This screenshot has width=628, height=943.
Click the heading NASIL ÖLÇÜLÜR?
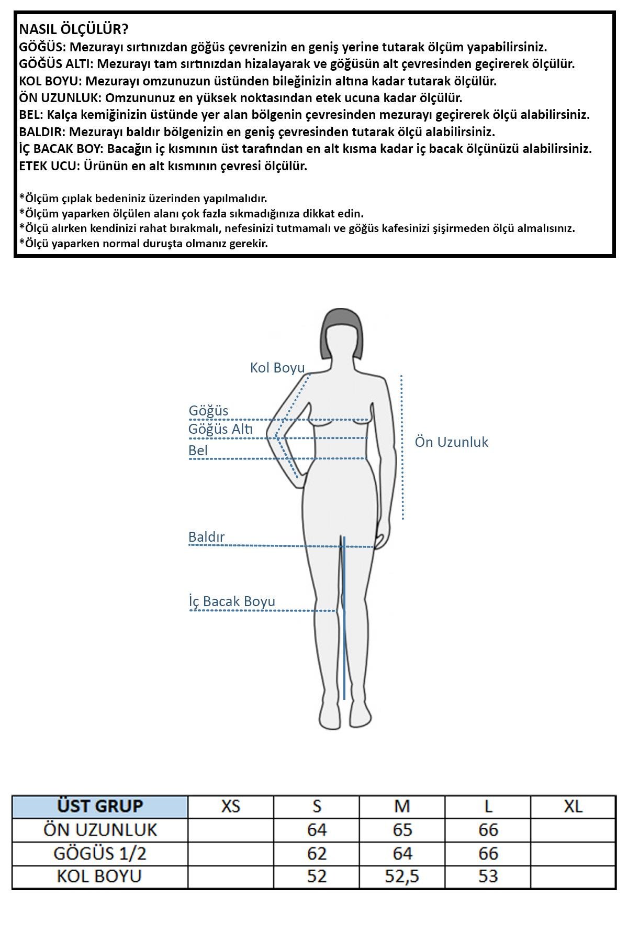[73, 29]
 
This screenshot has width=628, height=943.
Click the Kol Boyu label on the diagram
[277, 368]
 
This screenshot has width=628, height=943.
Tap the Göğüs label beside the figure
[208, 411]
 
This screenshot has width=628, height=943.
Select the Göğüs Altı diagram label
[220, 430]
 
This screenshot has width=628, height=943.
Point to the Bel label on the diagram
[198, 451]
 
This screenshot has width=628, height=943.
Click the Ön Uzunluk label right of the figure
[451, 442]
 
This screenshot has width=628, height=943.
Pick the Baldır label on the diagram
[206, 537]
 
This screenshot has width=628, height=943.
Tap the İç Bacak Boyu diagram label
[232, 601]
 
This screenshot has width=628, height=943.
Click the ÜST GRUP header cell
[100, 806]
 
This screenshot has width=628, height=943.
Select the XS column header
[231, 806]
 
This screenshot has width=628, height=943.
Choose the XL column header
[573, 806]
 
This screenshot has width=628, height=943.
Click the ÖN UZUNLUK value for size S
[317, 830]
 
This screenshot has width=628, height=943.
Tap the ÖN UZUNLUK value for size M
[402, 830]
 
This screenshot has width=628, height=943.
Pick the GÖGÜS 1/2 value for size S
[317, 853]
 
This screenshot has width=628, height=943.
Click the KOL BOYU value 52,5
[402, 876]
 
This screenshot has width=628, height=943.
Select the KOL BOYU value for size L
[488, 876]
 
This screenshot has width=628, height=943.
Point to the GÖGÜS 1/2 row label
[100, 853]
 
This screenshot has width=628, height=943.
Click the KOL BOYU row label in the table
[100, 876]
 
